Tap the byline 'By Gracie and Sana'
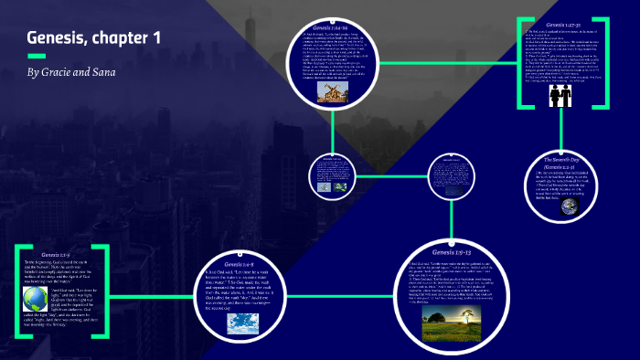72,71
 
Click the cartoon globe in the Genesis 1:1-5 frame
34,299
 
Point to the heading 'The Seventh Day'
571,159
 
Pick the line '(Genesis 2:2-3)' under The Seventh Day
571,168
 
